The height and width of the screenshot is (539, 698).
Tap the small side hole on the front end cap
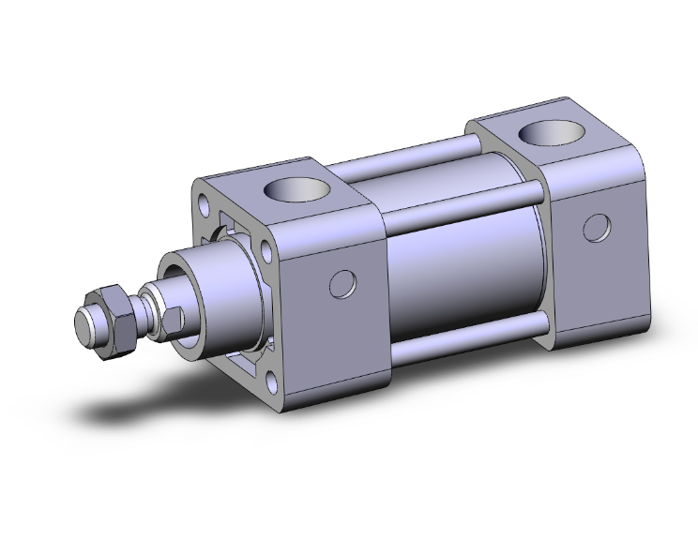coord(345,284)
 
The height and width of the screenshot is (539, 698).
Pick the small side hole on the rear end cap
coord(597,227)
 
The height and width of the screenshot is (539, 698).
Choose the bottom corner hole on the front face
coord(271,381)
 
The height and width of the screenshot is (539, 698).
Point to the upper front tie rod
coord(460,202)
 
